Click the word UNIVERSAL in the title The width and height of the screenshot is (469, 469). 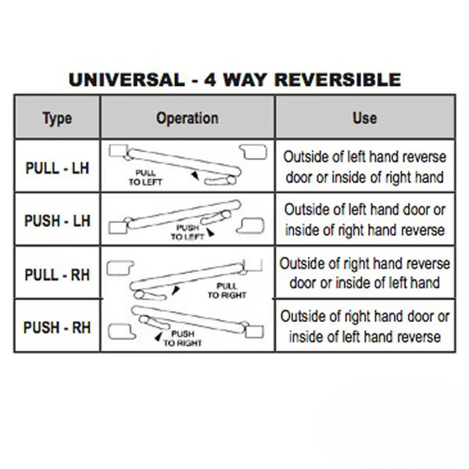tap(127, 80)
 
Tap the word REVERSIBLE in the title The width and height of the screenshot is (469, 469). tap(338, 80)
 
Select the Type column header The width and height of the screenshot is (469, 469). tap(57, 119)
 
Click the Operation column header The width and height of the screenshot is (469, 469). tap(188, 118)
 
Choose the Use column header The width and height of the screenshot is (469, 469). tap(365, 118)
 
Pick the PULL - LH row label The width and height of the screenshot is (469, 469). tap(57, 168)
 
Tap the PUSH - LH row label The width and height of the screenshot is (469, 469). tap(57, 220)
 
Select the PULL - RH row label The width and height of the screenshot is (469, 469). tap(57, 274)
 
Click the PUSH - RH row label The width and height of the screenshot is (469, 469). tap(57, 328)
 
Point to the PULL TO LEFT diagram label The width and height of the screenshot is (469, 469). tap(145, 177)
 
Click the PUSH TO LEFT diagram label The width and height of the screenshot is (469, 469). tap(188, 232)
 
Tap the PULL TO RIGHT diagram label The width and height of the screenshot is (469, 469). tap(227, 291)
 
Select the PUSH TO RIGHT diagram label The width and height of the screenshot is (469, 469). tap(182, 338)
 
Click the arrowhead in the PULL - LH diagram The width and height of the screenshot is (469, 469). tap(195, 175)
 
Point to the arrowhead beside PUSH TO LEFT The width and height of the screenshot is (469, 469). tap(211, 232)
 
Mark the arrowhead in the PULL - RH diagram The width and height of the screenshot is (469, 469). tap(176, 290)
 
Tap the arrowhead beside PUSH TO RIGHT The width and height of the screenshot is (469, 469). tap(158, 336)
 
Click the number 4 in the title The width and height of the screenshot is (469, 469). tap(210, 80)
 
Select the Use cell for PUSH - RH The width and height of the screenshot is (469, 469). tap(365, 327)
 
